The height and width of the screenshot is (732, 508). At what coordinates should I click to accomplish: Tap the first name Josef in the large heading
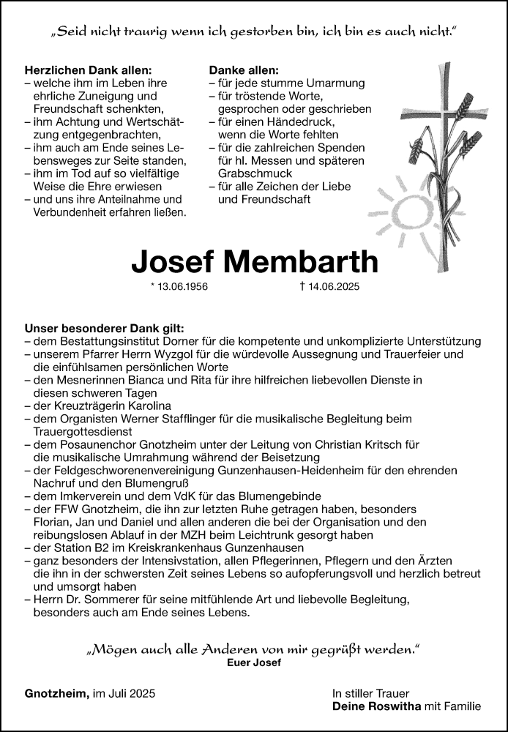[x=172, y=262]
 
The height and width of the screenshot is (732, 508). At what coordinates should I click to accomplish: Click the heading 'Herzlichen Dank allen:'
[x=88, y=70]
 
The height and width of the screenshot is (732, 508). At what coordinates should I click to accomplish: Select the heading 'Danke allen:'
[x=244, y=70]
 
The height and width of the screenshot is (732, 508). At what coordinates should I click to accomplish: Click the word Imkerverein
[x=86, y=496]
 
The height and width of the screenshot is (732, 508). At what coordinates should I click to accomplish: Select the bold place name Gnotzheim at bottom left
[x=56, y=692]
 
